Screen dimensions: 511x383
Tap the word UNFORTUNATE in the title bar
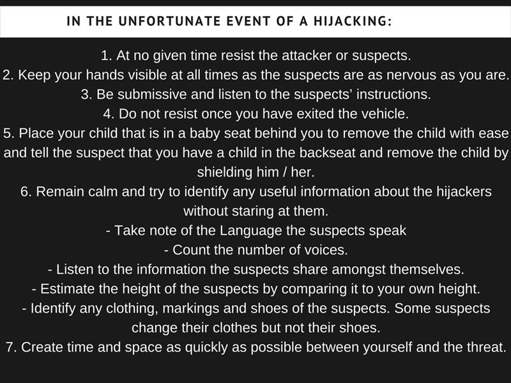(169, 21)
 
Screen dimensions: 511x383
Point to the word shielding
(225, 172)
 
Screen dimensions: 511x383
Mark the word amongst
(358, 269)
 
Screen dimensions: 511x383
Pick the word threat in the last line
(486, 347)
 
